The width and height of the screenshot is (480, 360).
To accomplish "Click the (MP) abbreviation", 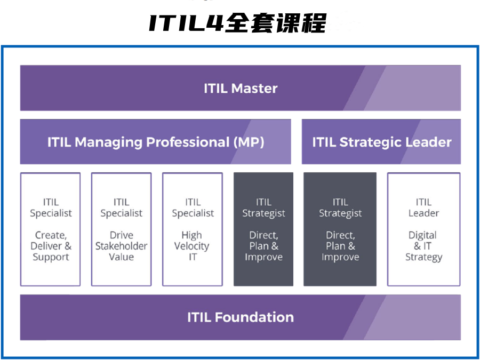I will pyautogui.click(x=248, y=142).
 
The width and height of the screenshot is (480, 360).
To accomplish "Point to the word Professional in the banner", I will pyautogui.click(x=187, y=142).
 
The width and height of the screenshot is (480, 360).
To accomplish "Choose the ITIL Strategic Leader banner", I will pyautogui.click(x=381, y=142).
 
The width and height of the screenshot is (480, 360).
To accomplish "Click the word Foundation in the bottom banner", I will pyautogui.click(x=254, y=317).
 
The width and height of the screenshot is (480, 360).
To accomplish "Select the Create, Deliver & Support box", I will pyautogui.click(x=51, y=229).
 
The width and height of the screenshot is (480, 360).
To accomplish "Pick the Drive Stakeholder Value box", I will pyautogui.click(x=121, y=229).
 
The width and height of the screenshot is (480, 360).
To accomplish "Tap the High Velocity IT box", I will pyautogui.click(x=193, y=229).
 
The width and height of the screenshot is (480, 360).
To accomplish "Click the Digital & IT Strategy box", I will pyautogui.click(x=423, y=229).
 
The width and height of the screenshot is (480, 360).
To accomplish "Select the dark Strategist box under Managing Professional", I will pyautogui.click(x=263, y=229).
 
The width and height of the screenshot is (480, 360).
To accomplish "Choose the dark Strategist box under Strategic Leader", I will pyautogui.click(x=340, y=229).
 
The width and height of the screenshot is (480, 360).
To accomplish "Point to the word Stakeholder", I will pyautogui.click(x=121, y=246).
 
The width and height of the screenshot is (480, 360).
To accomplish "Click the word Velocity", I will pyautogui.click(x=193, y=246).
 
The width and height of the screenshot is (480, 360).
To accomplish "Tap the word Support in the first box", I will pyautogui.click(x=51, y=257).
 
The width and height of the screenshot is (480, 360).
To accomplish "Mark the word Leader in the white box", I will pyautogui.click(x=423, y=213).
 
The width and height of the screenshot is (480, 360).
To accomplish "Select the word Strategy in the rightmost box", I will pyautogui.click(x=423, y=257).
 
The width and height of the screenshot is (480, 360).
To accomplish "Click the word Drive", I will pyautogui.click(x=121, y=235).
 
